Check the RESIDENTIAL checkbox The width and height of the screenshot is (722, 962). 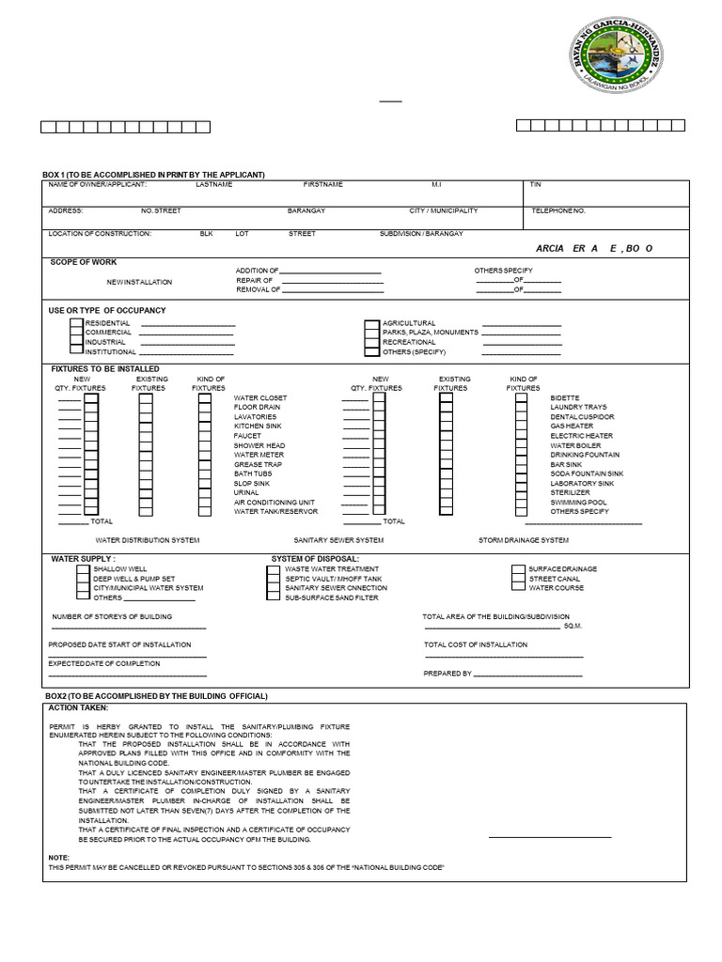(x=76, y=323)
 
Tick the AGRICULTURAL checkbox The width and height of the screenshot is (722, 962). (x=371, y=323)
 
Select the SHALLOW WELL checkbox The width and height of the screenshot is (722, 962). (x=83, y=569)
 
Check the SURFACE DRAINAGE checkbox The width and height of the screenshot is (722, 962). (x=518, y=569)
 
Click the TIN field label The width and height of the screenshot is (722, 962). (x=536, y=185)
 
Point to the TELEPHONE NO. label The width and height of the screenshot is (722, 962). (x=558, y=211)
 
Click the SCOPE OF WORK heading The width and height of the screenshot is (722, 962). (x=84, y=263)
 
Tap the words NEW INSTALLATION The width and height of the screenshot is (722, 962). (x=139, y=282)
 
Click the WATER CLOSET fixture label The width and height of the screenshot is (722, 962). (x=260, y=398)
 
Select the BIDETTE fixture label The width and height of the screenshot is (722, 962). (x=565, y=398)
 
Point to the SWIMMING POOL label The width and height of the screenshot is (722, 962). (x=578, y=503)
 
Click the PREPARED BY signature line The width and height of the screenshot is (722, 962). (x=528, y=674)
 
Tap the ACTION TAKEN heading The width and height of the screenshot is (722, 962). (x=78, y=707)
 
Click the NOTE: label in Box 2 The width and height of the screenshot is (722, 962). (x=58, y=858)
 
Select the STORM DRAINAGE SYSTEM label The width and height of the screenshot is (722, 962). (x=523, y=541)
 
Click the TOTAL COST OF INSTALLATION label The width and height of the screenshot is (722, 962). (x=476, y=645)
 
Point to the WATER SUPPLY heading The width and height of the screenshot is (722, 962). (x=84, y=559)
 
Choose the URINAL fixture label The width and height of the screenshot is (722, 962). (x=246, y=493)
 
